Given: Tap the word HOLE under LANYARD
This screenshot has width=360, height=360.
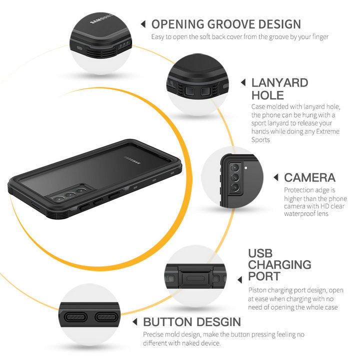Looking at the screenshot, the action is tap(267, 95).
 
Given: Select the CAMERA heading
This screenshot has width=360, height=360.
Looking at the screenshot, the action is tap(309, 177).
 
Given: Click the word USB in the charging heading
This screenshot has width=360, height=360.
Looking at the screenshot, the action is tap(260, 253).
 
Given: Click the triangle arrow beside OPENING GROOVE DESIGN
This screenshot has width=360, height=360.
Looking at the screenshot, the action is tap(143, 24).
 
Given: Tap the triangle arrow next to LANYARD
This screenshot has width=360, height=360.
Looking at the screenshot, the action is tap(243, 82).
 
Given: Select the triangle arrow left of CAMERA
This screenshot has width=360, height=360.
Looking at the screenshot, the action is tap(276, 177).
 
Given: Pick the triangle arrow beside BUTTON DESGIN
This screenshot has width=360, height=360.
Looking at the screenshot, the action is tap(135, 322).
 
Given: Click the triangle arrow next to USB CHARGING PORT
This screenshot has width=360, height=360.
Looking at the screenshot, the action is tap(239, 279).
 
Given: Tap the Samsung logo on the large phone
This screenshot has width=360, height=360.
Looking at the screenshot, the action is tap(132, 160).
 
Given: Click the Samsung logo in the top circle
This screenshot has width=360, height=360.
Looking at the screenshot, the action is tap(101, 19).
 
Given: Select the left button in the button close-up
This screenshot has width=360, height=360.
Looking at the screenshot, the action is tap(75, 317).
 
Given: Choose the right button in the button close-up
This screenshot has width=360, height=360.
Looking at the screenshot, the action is tap(106, 317).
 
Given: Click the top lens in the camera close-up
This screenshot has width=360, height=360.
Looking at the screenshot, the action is tap(235, 168).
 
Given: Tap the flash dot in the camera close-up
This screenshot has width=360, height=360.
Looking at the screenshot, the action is tap(246, 168).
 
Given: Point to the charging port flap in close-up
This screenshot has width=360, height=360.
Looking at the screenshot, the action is tap(195, 278).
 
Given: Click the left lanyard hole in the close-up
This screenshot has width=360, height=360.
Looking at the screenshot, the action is tap(189, 91).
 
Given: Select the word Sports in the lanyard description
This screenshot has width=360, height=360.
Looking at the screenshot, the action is tap(260, 140).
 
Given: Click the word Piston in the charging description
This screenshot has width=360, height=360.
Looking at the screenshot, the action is tap(257, 290).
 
